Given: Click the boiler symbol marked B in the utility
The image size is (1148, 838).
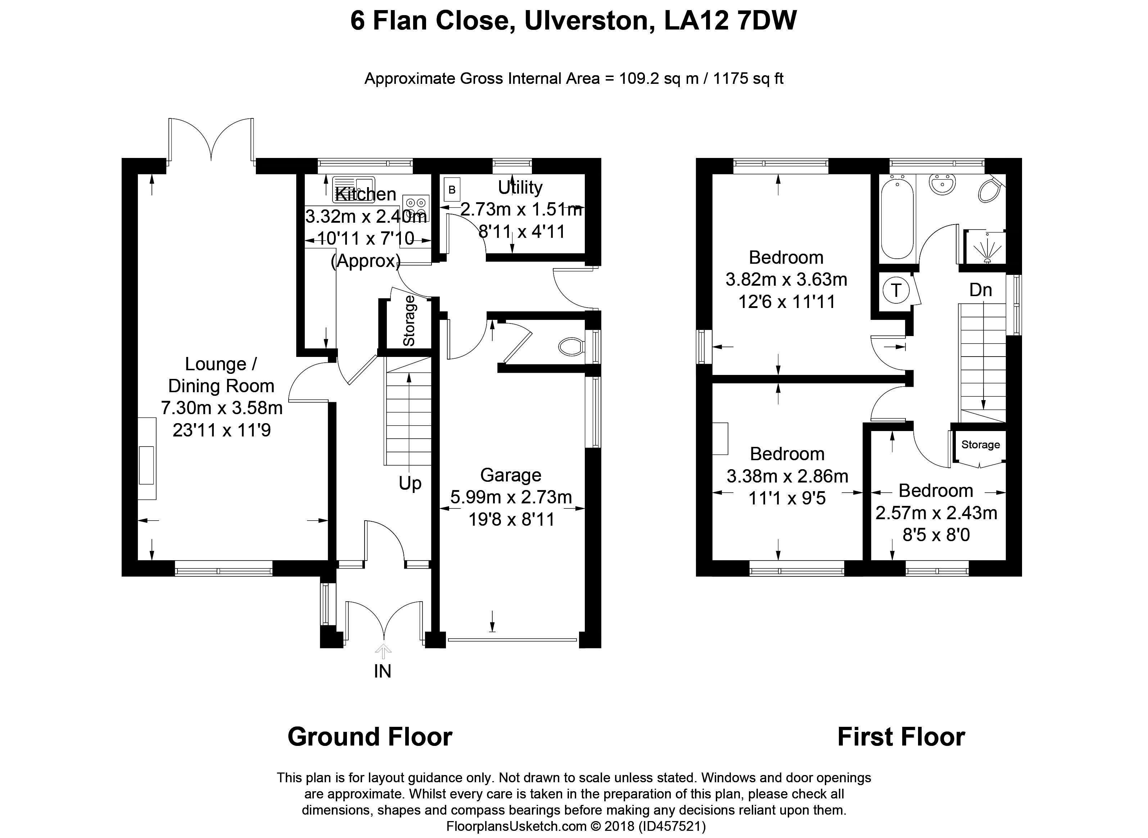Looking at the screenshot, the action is pyautogui.click(x=452, y=190).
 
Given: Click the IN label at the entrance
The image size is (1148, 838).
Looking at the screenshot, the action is pyautogui.click(x=383, y=671).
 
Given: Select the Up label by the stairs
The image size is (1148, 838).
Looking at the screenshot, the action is pyautogui.click(x=410, y=484).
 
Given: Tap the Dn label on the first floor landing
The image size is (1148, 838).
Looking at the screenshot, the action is pyautogui.click(x=981, y=290).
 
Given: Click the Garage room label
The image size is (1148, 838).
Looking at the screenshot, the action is pyautogui.click(x=511, y=475).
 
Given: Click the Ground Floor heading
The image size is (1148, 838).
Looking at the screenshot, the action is pyautogui.click(x=370, y=737).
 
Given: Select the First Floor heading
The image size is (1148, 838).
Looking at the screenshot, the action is pyautogui.click(x=901, y=737).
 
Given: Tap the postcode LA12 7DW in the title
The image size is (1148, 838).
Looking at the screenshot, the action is pyautogui.click(x=731, y=21).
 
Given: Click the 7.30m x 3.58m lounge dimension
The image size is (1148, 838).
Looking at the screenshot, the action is pyautogui.click(x=222, y=408).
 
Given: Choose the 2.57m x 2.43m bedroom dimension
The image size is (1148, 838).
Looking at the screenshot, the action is pyautogui.click(x=936, y=513).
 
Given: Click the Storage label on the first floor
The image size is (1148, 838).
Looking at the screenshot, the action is pyautogui.click(x=981, y=445).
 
